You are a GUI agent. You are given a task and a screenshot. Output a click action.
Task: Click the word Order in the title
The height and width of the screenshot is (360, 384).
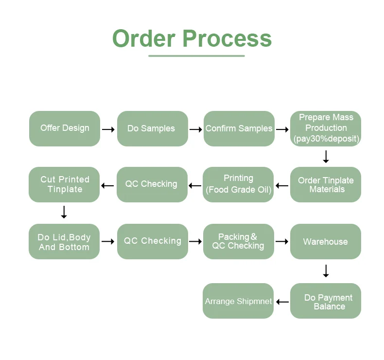144,38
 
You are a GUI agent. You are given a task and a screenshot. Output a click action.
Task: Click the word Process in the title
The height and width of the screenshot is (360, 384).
227,38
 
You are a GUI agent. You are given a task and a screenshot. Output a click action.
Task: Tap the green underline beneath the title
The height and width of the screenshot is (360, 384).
196,56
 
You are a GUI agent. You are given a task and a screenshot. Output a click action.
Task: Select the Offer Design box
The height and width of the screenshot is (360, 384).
65,128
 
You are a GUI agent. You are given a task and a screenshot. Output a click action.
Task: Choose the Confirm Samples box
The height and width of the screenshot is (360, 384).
239,128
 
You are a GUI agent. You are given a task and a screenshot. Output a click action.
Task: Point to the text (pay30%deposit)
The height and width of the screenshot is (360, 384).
326,139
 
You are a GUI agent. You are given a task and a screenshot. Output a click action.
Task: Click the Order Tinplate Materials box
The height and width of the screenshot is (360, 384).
326,185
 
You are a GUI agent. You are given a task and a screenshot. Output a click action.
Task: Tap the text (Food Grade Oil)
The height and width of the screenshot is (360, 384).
239,190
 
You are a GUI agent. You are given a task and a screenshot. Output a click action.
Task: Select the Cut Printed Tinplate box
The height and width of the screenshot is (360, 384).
64,185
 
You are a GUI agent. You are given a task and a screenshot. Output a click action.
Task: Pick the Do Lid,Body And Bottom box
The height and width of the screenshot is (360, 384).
64,242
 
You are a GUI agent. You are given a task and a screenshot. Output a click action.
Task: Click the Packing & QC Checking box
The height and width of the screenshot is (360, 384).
239,241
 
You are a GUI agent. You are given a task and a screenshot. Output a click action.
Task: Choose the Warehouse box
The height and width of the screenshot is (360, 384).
326,242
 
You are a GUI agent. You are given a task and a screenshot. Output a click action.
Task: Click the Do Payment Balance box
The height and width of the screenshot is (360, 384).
326,301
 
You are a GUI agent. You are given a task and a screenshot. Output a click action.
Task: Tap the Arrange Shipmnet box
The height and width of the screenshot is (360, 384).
238,301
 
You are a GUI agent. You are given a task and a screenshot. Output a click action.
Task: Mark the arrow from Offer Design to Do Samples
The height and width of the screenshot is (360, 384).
108,129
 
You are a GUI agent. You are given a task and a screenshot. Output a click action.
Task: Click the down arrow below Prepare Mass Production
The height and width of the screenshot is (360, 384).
326,157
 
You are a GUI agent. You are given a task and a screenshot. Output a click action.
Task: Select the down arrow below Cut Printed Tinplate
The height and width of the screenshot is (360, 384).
64,212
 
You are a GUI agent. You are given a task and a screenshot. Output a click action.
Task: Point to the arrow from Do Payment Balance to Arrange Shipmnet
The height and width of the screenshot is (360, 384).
282,302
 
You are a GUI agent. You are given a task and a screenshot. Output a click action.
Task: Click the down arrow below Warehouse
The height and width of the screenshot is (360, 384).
326,271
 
